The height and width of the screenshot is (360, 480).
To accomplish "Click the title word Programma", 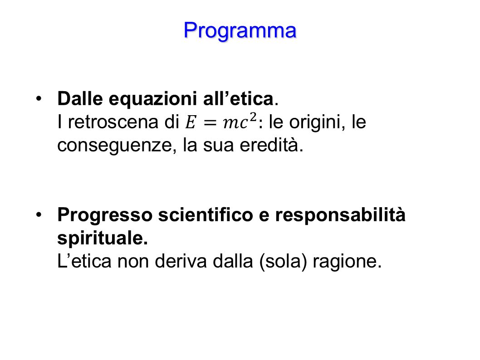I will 240,30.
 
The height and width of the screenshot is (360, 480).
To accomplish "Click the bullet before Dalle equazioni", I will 40,99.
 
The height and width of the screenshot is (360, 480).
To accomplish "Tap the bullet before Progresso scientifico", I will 40,215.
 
